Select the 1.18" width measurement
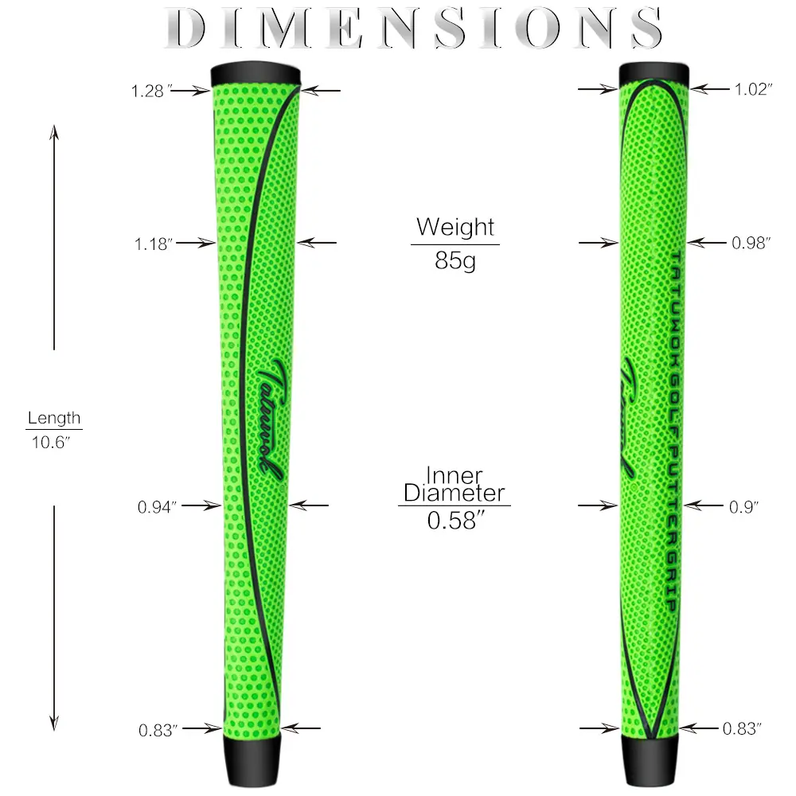click(154, 244)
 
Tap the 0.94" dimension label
click(157, 506)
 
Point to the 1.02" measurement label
click(753, 89)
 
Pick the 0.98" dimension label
click(751, 243)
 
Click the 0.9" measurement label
click(743, 506)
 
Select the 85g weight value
click(455, 261)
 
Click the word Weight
click(455, 228)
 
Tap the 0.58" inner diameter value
click(456, 521)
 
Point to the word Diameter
click(455, 493)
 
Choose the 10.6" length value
click(50, 442)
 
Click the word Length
click(54, 419)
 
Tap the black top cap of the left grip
click(256, 74)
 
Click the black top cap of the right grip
click(654, 74)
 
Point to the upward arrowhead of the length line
click(54, 132)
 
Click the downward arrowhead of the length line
click(54, 723)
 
